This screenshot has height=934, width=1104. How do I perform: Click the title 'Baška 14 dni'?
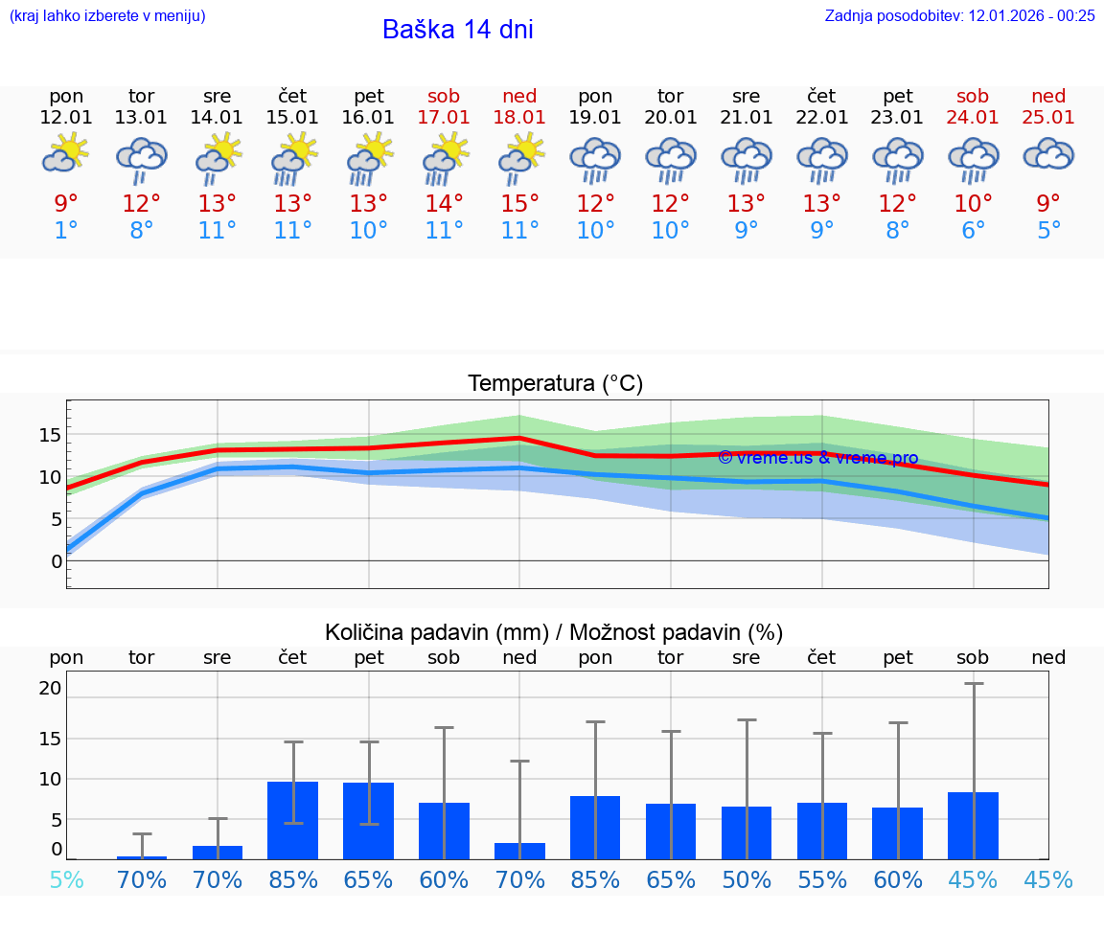click(457, 30)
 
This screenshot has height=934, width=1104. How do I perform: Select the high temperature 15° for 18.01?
click(519, 203)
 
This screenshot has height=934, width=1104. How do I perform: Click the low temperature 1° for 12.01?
click(66, 231)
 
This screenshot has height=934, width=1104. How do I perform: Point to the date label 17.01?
click(444, 117)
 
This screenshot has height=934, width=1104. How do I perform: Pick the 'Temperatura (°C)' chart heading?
click(555, 384)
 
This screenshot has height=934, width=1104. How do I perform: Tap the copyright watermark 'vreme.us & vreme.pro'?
click(817, 458)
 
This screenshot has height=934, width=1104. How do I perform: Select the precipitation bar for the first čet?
click(292, 820)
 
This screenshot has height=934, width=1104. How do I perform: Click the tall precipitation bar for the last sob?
click(973, 826)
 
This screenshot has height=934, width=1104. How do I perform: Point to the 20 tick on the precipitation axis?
click(50, 688)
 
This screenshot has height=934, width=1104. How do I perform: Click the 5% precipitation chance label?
click(66, 880)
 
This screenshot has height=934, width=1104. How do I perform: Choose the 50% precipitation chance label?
click(747, 880)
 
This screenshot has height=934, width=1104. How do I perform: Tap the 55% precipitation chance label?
click(822, 880)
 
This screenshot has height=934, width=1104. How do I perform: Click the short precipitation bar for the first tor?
click(142, 856)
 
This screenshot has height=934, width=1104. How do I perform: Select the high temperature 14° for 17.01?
click(444, 203)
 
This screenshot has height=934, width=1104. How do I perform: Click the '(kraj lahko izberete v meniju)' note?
click(107, 15)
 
